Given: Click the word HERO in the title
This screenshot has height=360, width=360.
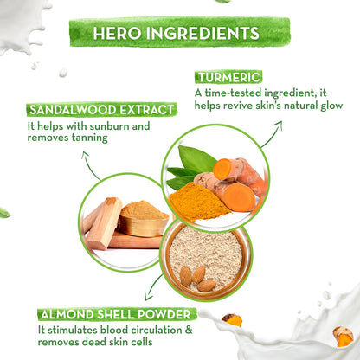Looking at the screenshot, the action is [x=118, y=33].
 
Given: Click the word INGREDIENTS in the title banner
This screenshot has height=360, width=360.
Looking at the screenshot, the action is [x=203, y=33].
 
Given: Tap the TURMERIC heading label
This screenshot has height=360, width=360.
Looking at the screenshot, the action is [x=228, y=77].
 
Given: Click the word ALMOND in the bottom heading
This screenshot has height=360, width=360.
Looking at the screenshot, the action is [x=67, y=314].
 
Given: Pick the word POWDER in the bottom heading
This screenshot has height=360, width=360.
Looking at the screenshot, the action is [x=164, y=314].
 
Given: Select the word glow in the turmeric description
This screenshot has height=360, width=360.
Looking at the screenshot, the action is [x=331, y=106].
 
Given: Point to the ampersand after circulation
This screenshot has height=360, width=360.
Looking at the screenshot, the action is [x=189, y=330].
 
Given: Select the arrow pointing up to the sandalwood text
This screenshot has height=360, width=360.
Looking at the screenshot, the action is [x=89, y=165].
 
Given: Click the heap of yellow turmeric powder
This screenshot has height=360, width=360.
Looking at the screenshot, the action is [x=196, y=202].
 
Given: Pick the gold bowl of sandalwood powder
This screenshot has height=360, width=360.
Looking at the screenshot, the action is [x=144, y=219].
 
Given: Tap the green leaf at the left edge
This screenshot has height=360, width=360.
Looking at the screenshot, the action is [x=4, y=213].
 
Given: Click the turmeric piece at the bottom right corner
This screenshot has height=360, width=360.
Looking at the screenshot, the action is [x=343, y=336].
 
